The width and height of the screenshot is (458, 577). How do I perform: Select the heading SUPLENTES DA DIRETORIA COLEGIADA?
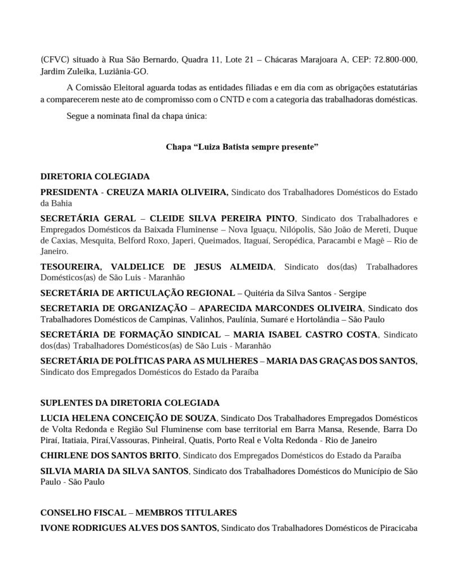tap(130, 403)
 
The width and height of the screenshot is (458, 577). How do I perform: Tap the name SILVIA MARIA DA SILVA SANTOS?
tap(114, 471)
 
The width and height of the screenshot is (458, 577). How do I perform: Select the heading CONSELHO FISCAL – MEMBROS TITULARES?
tap(139, 513)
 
